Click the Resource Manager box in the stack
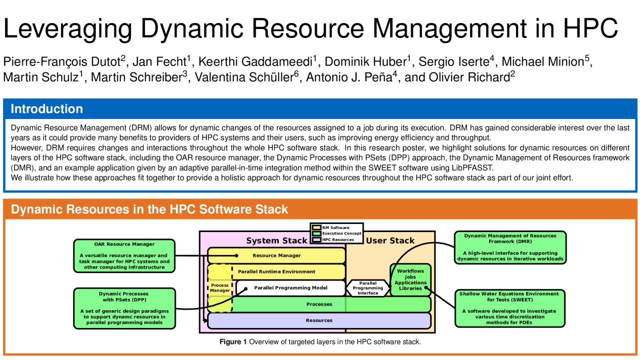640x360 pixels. point(276,255)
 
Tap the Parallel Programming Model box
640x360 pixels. point(290,288)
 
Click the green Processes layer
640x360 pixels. point(319,304)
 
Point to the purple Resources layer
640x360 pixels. point(319,320)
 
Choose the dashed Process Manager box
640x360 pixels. point(220,287)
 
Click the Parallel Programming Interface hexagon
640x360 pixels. point(368,288)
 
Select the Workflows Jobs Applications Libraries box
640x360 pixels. point(410,280)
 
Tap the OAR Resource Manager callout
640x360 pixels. point(124,255)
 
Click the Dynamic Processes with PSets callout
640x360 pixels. point(124,308)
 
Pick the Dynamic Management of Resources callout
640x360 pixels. point(510,247)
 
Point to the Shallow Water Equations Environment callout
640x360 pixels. point(510,308)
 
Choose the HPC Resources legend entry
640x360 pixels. point(337,239)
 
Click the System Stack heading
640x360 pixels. point(276,241)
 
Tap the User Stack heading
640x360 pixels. point(390,241)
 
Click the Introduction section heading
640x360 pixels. point(47,109)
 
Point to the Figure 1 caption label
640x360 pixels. point(233,342)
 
